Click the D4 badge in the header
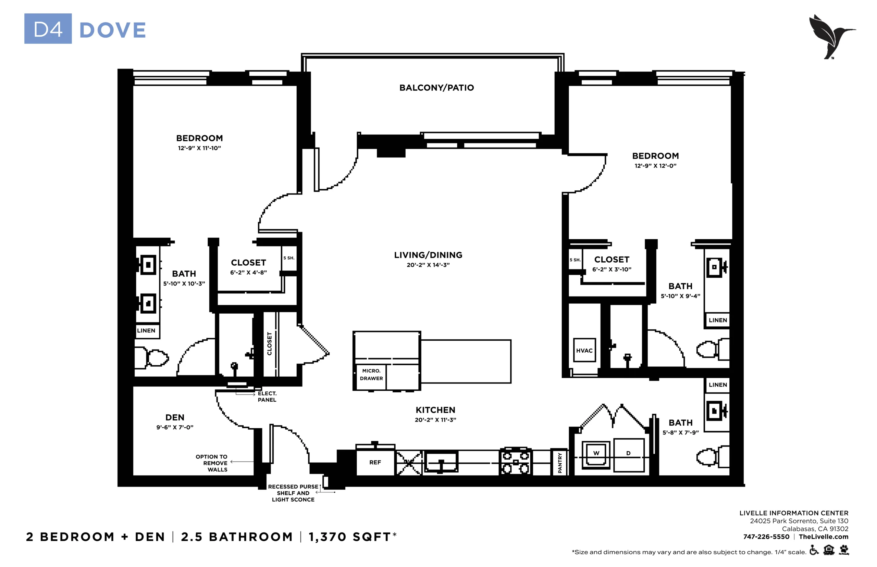coord(48,29)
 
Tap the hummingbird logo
coord(831,36)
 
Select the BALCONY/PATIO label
coord(436,88)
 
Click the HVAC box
coord(584,350)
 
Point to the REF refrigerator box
coord(375,463)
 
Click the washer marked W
coord(596,455)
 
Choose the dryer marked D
coord(628,455)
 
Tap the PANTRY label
coord(560,463)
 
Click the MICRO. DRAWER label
coord(371,375)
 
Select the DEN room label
coord(175,417)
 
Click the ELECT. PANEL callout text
coord(267,396)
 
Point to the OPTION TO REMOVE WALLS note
coord(211,463)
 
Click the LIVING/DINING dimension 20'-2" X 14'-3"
coord(428,265)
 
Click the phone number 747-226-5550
coord(766,537)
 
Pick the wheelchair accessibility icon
coord(814,551)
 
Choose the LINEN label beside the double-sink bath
coord(146,331)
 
